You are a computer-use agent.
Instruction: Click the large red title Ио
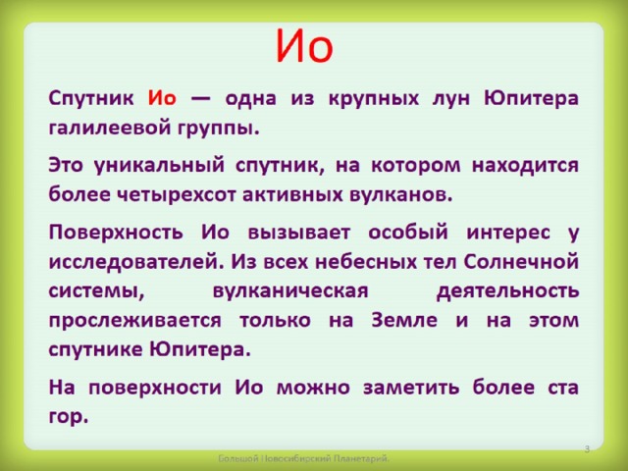304,46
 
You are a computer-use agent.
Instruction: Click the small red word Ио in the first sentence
162,98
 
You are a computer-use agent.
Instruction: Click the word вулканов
401,194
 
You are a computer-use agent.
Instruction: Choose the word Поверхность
116,233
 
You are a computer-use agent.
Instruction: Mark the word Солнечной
521,262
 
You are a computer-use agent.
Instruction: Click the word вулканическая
290,291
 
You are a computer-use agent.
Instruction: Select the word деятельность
508,291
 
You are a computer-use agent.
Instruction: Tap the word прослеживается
135,321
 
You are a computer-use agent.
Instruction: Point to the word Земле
404,320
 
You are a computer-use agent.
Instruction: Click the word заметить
411,388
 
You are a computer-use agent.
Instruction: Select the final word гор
68,418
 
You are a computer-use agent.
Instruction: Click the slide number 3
587,449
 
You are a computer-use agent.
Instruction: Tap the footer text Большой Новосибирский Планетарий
303,458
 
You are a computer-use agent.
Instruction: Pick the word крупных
373,99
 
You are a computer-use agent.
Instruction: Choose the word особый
408,233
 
